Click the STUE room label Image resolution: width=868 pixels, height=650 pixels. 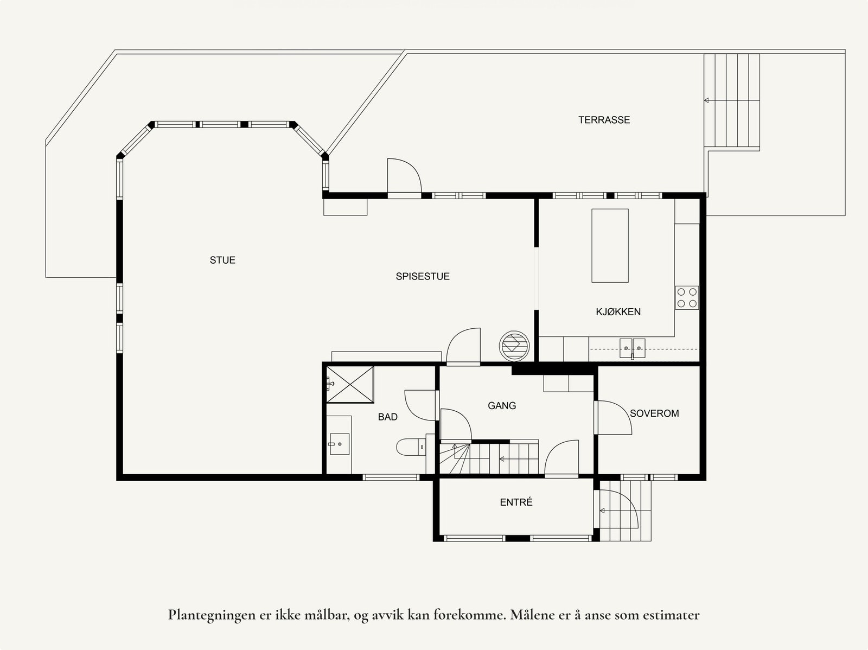coord(222,260)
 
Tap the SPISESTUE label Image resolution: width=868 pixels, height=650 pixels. coord(423,276)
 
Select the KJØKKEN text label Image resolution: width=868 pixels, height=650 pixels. coord(618,312)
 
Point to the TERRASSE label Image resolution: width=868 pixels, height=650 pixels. coord(604,120)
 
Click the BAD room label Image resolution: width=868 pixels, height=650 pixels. coord(387,417)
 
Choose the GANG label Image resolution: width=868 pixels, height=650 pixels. coord(502,406)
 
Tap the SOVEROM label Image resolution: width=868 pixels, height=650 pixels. coord(654,413)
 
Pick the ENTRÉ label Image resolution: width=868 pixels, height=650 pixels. coord(516,502)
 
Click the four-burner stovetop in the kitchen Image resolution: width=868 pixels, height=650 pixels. coord(686,298)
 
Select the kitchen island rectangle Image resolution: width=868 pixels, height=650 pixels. coord(610,246)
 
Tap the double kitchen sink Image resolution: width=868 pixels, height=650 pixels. coord(632,348)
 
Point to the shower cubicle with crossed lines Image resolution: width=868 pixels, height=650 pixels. coord(349,385)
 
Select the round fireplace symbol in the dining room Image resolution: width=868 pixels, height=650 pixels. coord(514,346)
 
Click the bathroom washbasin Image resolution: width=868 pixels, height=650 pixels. coord(339,444)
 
